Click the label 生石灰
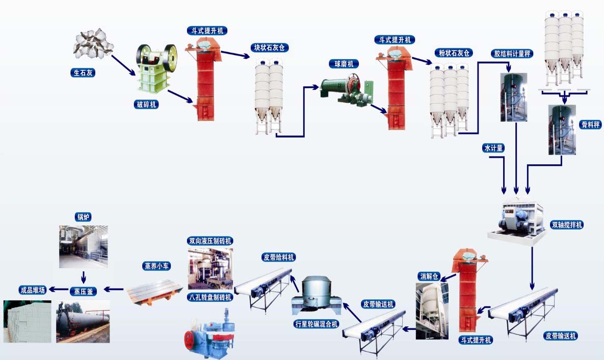pos(83,73)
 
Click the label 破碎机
pos(147,105)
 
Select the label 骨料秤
pos(590,124)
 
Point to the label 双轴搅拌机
pos(567,224)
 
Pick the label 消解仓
pos(429,276)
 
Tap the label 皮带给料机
pos(278,257)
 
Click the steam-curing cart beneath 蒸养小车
pos(155,292)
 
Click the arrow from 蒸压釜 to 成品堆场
pos(60,290)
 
